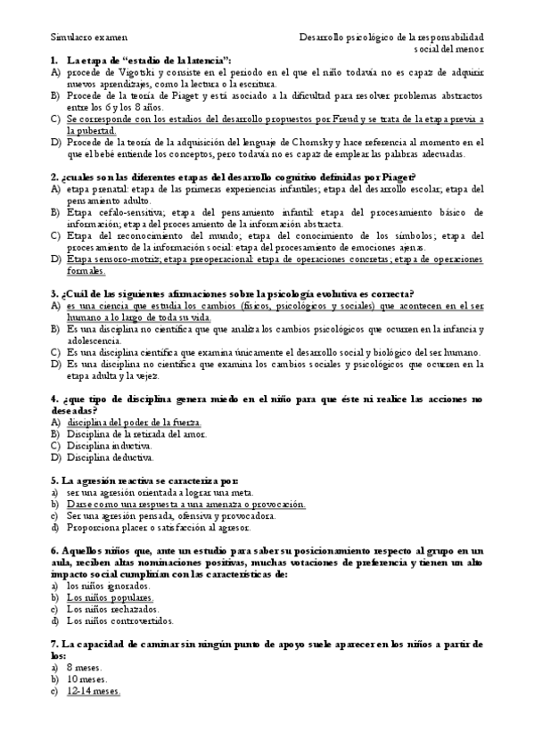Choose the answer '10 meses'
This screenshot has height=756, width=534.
[86, 679]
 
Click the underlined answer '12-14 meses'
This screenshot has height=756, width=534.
[94, 691]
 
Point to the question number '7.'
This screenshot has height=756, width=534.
[55, 644]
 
